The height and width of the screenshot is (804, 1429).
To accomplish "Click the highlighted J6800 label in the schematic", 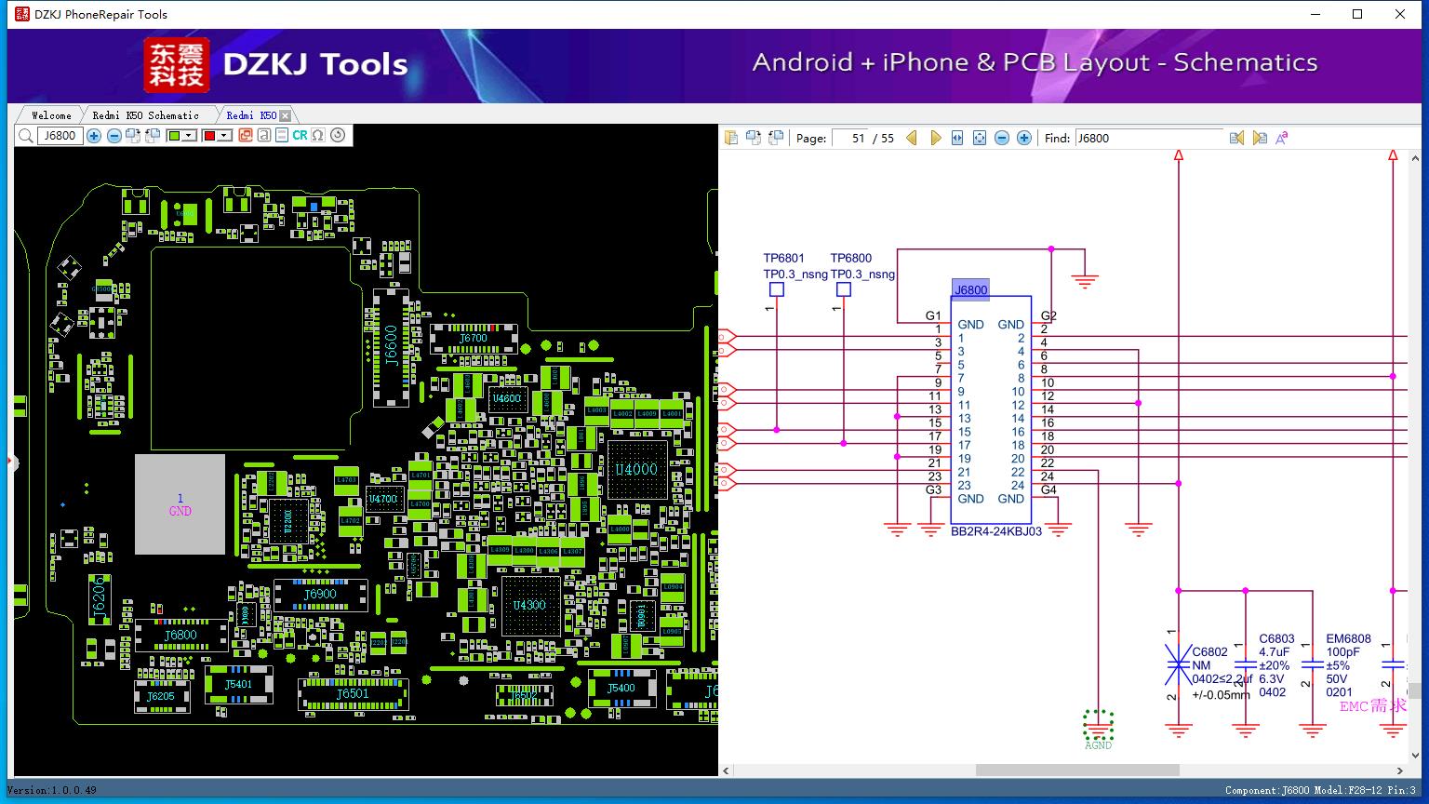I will pos(970,290).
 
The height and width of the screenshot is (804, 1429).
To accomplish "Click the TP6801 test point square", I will pos(777,289).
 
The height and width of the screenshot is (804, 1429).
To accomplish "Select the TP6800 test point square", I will pos(844,289).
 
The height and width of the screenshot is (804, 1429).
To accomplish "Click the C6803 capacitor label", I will pos(1276,638).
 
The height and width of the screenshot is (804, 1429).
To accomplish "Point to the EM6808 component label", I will pos(1348,638).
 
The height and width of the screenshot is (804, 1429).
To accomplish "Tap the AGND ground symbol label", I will pos(1098,744).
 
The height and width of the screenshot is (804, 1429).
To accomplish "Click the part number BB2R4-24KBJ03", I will pos(995,531).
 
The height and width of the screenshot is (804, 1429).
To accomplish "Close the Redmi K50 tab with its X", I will pos(286,115).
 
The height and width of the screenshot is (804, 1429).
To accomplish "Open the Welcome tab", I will pos(51,115).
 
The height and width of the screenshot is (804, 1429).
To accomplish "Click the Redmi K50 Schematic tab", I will pos(145,115).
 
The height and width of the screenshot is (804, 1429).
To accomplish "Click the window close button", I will pos(1400,14).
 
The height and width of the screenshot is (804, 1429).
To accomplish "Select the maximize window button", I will pos(1357,14).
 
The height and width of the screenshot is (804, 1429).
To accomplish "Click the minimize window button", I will pos(1315,14).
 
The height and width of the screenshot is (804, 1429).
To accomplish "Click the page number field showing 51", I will pos(850,138).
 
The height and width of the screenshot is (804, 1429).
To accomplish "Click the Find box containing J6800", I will pos(1148,138).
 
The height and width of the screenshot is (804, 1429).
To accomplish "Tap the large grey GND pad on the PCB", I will pos(180,504).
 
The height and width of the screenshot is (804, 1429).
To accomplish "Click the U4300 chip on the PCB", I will pos(529,605).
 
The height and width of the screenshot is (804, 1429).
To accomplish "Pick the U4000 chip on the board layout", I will pos(636,470).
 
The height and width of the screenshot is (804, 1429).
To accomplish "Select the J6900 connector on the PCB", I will pos(320,594).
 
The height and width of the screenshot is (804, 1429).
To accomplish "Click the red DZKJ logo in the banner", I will pos(176,64).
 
